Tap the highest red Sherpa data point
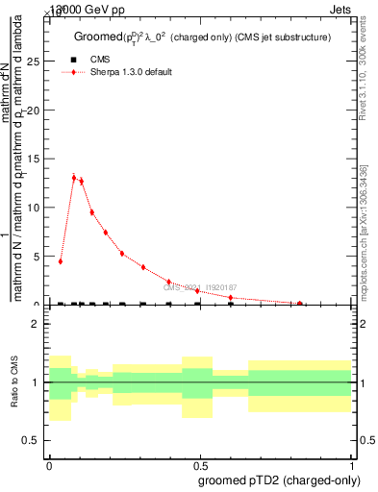pyautogui.click(x=74, y=178)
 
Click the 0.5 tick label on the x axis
pyautogui.click(x=200, y=462)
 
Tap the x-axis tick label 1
pyautogui.click(x=352, y=462)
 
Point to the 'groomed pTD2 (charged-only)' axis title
pyautogui.click(x=277, y=480)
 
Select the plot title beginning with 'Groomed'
pyautogui.click(x=202, y=37)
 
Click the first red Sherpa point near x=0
pyautogui.click(x=61, y=261)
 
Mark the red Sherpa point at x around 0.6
pyautogui.click(x=231, y=298)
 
